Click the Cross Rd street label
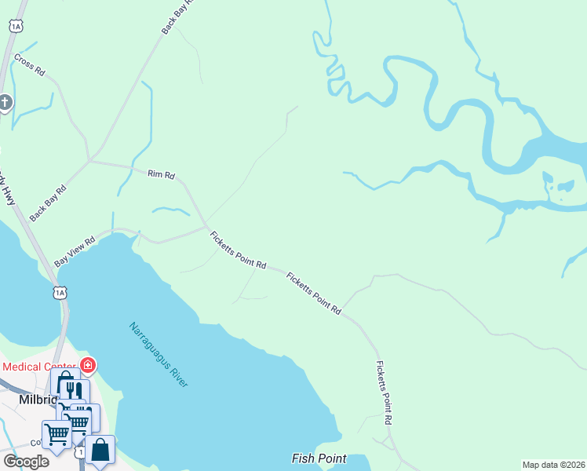(30, 65)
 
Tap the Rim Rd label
(161, 174)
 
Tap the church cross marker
(5, 102)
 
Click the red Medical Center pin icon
(88, 365)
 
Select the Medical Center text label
(39, 367)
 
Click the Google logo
(25, 462)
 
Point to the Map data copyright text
(554, 465)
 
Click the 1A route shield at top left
(16, 26)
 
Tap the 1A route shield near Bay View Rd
(60, 293)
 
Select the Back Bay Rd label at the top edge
(177, 16)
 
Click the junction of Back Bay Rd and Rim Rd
(90, 160)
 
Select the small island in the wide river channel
(563, 186)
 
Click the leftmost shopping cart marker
(56, 433)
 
